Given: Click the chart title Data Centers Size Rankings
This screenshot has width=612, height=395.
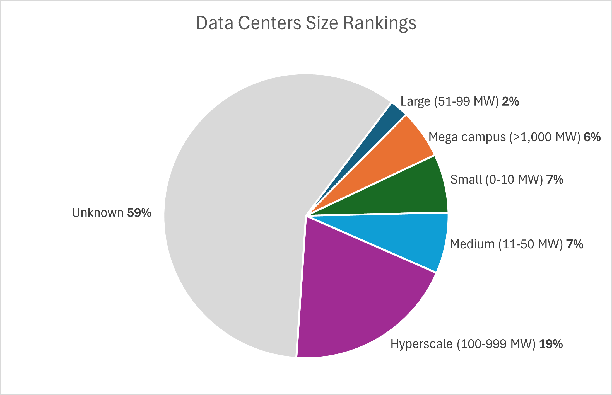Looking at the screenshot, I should pyautogui.click(x=306, y=23).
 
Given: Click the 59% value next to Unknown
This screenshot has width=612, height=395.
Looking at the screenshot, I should pyautogui.click(x=139, y=213).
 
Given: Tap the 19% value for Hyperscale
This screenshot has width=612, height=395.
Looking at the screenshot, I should pyautogui.click(x=551, y=344).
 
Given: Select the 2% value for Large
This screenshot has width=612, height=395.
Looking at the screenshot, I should pyautogui.click(x=510, y=101).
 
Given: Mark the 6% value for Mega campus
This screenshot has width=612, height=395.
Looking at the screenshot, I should pyautogui.click(x=592, y=137).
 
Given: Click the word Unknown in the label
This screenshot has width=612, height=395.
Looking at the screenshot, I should pyautogui.click(x=98, y=213).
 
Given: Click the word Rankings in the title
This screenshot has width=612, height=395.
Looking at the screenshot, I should pyautogui.click(x=380, y=23).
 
